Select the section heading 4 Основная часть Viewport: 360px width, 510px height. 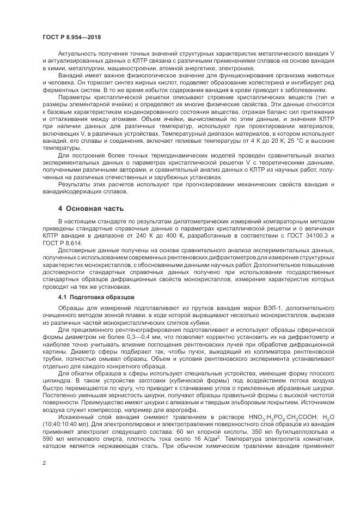pos(91,209)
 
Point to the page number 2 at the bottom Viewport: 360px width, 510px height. pos(44,463)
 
